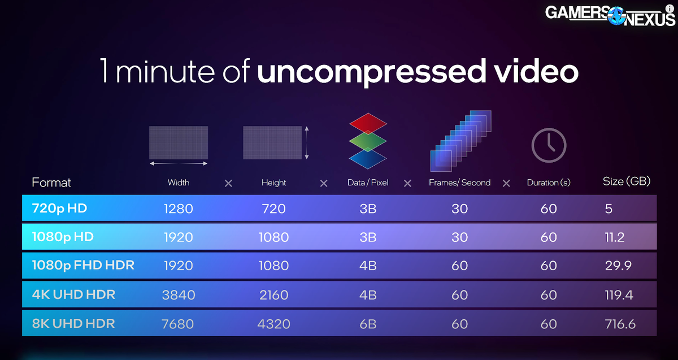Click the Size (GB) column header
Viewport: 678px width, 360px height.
click(627, 181)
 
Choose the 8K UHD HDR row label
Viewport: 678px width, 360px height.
click(73, 324)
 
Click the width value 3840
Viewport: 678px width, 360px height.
click(178, 295)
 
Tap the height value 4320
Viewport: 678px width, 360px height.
click(273, 324)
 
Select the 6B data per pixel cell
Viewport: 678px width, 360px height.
click(368, 324)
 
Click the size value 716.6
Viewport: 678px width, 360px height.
click(619, 324)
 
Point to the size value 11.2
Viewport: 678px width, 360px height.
click(614, 237)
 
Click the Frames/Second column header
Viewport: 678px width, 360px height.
click(459, 183)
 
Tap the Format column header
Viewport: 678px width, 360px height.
click(51, 183)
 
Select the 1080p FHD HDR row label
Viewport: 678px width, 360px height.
click(83, 265)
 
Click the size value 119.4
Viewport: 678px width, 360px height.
click(619, 295)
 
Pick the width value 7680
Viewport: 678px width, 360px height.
click(178, 324)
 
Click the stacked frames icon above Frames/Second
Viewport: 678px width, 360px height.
click(460, 141)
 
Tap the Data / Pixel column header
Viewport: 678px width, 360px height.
click(368, 183)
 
